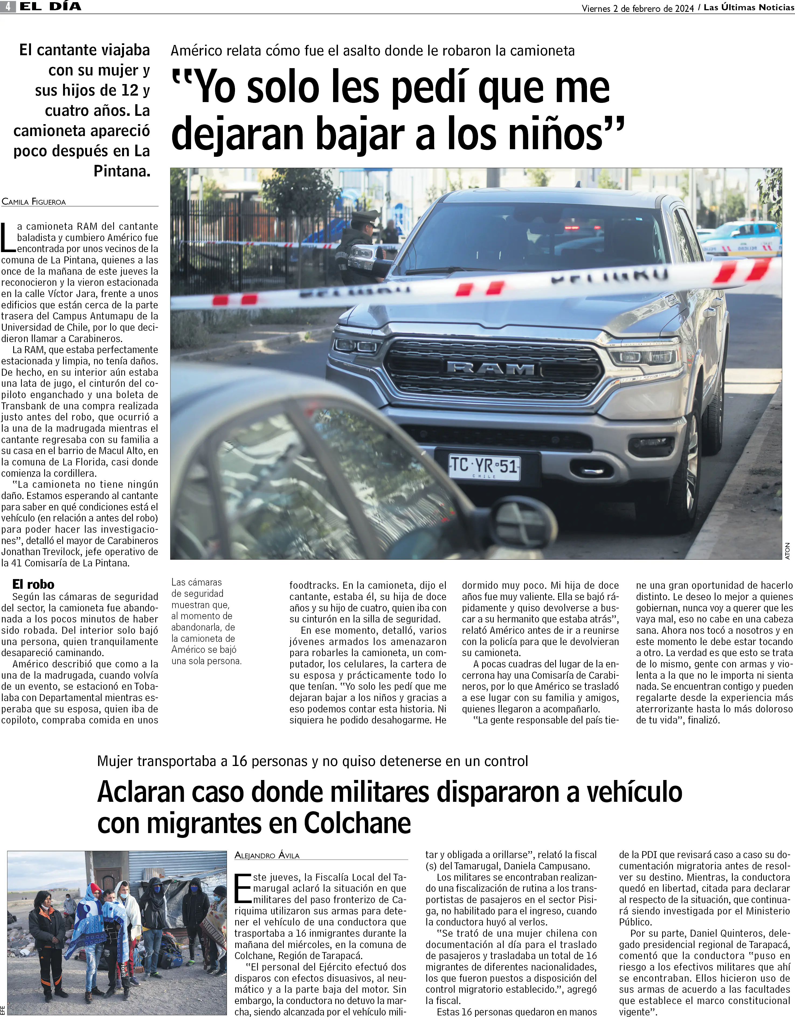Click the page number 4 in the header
click(x=8, y=6)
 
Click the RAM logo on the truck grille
click(x=491, y=369)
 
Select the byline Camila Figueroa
click(x=34, y=202)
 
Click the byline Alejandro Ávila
click(x=267, y=855)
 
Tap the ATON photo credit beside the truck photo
click(x=787, y=551)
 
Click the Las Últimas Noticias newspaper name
click(x=748, y=8)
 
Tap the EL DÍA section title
click(x=50, y=6)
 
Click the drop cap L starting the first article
click(x=8, y=238)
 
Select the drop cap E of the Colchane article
click(x=243, y=888)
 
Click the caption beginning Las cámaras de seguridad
click(x=206, y=621)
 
